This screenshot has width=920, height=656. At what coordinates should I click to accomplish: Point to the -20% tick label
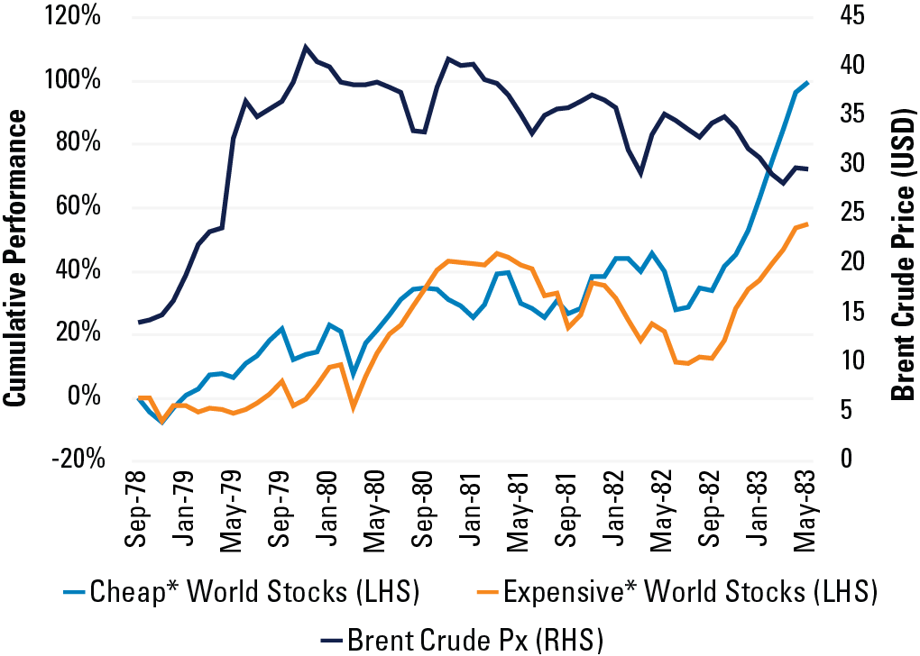79,460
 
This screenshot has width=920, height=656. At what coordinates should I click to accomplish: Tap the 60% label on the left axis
85,207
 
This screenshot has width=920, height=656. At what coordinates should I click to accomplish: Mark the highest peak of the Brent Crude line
306,46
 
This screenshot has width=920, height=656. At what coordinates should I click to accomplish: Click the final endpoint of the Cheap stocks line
808,82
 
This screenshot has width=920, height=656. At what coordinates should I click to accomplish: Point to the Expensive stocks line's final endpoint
808,223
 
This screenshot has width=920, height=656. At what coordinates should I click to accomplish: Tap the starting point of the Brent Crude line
139,322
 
